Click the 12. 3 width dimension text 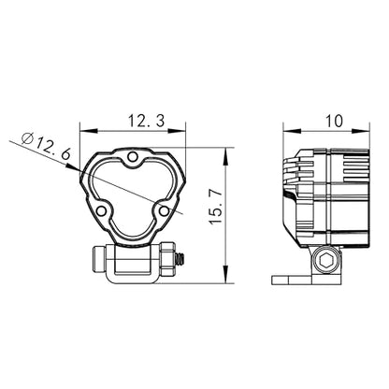(x=147, y=121)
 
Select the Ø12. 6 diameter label (x=46, y=146)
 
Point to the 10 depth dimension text (x=334, y=121)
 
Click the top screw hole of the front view (x=133, y=156)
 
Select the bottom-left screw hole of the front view (x=101, y=211)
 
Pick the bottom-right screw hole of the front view (x=164, y=211)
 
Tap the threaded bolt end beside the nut (x=180, y=258)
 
